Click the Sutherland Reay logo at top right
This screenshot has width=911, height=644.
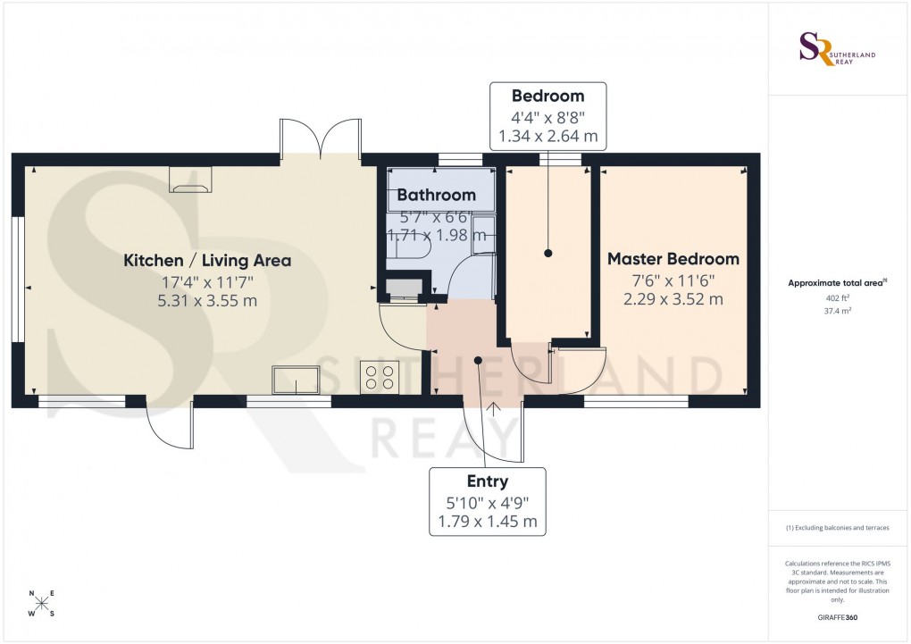(837, 49)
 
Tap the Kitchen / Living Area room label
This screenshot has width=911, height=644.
(207, 261)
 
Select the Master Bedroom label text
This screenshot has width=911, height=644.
(673, 259)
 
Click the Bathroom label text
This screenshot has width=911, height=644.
(436, 195)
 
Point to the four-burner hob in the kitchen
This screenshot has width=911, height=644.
(379, 378)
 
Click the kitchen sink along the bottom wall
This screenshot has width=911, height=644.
(296, 381)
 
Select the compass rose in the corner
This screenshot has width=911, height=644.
(40, 604)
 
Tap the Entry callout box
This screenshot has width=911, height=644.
(487, 501)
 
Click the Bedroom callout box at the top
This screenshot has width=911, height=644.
(547, 116)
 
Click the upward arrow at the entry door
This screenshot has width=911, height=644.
(493, 410)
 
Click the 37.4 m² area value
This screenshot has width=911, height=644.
(837, 313)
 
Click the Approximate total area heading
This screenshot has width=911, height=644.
(837, 283)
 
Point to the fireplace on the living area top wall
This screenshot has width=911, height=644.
(191, 180)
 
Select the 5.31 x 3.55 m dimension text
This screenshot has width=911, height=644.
(207, 300)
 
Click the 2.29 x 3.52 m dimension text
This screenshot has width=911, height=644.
(673, 298)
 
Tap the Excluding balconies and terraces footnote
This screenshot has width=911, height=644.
(837, 528)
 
